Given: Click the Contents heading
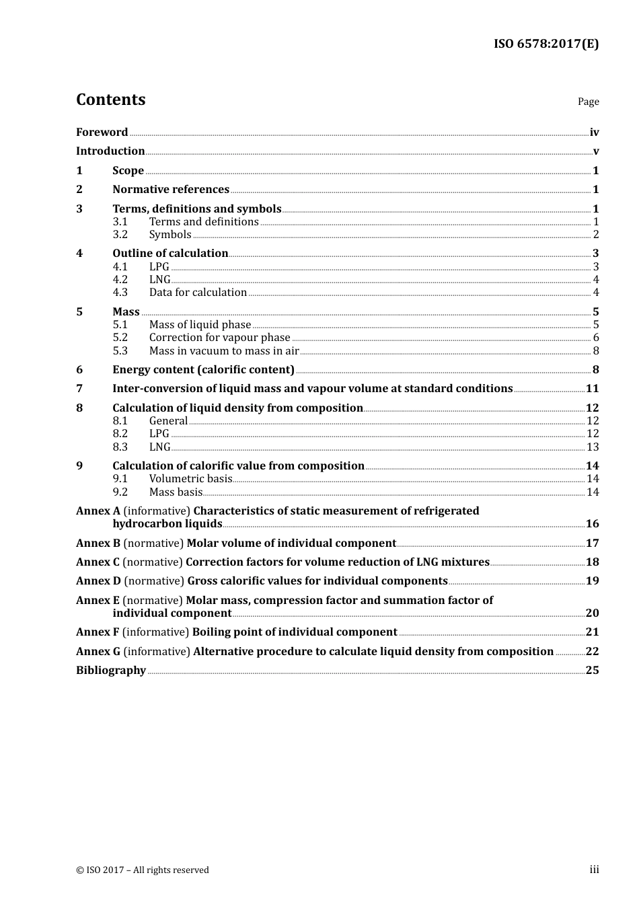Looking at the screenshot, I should coord(110,100).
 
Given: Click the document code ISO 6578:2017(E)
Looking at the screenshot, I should coord(546,44).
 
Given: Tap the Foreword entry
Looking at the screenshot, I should coord(102,133).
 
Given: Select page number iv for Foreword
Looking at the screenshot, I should coord(594,133).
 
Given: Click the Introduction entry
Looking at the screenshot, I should coord(110,151).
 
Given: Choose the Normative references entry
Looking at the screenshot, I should coord(171,190).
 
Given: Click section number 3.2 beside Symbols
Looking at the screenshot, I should coord(120,235).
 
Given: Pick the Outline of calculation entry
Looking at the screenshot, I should coord(170,254).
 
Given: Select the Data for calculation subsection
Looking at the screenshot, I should coord(198,293).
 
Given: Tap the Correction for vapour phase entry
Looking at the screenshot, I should coord(219,338).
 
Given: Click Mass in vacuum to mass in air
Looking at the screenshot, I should coord(224,351).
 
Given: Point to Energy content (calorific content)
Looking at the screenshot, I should coord(203,370).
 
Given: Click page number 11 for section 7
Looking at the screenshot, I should coord(592,389).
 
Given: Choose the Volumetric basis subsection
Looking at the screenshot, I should coord(190,479).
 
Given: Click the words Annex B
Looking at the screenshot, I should coord(98,543).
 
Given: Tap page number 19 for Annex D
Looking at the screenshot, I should coord(592,581).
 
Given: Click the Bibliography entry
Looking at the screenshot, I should coord(111,671).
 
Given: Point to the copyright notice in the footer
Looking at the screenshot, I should coord(143,870).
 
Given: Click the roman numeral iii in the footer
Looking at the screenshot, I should coord(594,870).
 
